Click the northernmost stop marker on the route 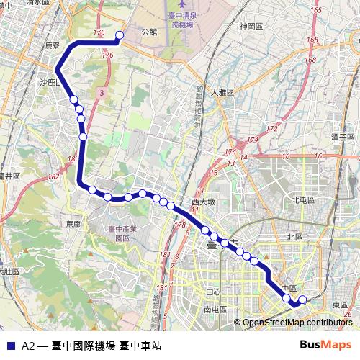coord(120,35)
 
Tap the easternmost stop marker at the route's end coord(302,299)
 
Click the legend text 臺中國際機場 coord(83,346)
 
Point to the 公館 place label coord(149,32)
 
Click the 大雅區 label coord(222,91)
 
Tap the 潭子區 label coord(341,136)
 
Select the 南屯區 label coord(215,309)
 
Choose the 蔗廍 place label coord(73,224)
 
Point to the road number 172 coord(271,129)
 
